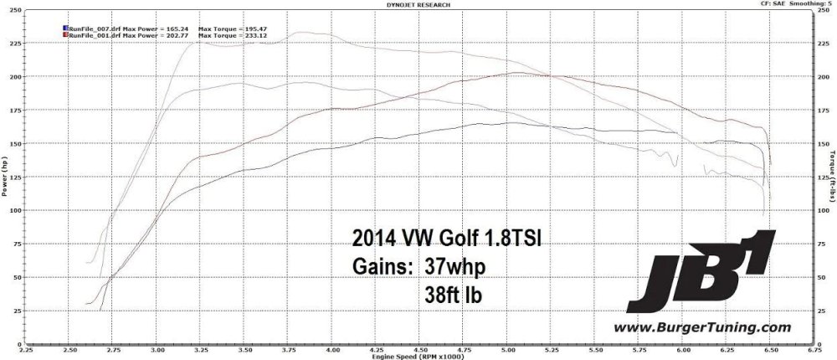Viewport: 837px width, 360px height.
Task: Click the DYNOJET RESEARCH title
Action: [418, 4]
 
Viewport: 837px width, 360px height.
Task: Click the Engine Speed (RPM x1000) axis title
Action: [418, 356]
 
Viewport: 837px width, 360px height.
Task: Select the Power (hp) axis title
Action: [6, 177]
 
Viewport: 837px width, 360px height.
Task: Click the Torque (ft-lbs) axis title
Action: [831, 177]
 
